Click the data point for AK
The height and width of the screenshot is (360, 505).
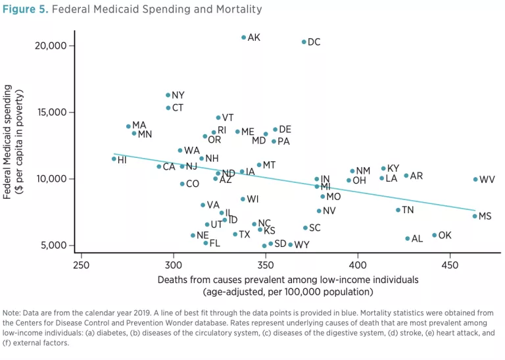coord(243,38)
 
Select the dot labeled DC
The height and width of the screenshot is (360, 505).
coord(304,42)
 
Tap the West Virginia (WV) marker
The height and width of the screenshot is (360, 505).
coord(475,179)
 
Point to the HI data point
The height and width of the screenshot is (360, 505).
coord(114,159)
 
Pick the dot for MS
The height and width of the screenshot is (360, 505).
coord(475,216)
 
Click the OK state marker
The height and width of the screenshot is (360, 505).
coord(434,235)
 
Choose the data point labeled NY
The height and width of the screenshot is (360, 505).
coord(168,95)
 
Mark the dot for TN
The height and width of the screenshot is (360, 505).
coord(398,210)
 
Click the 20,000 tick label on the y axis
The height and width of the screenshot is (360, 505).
coord(49,45)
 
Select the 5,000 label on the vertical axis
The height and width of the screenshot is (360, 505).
coord(52,245)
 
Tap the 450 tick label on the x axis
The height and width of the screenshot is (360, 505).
coord(450,265)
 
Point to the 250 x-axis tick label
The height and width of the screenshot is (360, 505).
coord(81,265)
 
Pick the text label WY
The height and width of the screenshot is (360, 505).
coord(302,245)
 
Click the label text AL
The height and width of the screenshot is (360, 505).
coord(417,239)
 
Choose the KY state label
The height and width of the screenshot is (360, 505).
coord(393,168)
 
